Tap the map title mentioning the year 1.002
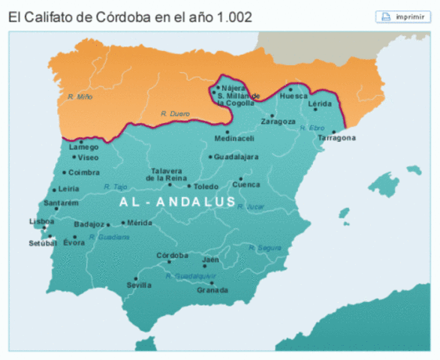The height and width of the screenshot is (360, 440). coord(131,16)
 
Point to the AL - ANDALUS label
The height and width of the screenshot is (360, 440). coord(177,202)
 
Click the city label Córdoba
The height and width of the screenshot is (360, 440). coord(172,256)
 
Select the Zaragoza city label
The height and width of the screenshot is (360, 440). coord(278,121)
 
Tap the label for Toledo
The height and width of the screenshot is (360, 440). coord(206,187)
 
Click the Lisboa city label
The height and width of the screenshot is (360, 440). coord(42,222)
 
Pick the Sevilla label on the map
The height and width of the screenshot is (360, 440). coord(139,285)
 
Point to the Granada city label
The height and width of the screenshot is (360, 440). coord(212,290)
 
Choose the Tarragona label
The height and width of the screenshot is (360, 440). coord(336,138)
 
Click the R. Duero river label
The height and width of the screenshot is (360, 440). coord(174,113)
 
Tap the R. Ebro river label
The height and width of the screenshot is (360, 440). coord(312,128)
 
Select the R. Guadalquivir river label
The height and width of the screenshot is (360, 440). coord(191,276)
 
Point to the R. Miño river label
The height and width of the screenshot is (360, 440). coord(79,97)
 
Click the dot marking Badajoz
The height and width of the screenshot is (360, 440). coord(110,223)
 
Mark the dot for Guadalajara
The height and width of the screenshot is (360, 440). coord(210,157)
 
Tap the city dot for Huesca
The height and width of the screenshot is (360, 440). coord(291,89)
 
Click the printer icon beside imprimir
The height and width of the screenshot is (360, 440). coord(386,16)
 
